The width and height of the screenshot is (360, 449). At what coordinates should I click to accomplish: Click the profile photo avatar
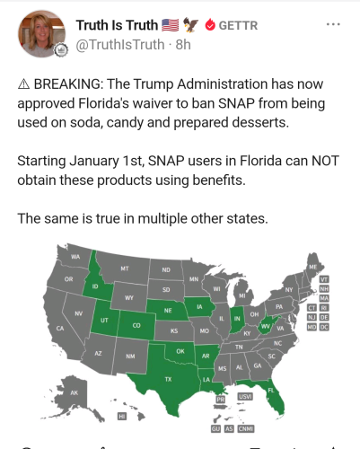pos(41,33)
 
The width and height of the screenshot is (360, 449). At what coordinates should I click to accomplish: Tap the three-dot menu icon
pos(333,24)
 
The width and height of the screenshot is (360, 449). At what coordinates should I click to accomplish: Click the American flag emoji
pos(171,25)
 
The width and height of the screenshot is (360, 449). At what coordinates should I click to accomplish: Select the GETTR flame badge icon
pos(210,25)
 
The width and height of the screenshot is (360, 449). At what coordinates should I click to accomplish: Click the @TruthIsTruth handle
pos(120,45)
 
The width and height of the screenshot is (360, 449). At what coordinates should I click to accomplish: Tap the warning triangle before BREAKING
pos(23,84)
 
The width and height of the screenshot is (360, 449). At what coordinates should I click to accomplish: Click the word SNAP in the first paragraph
pos(236,103)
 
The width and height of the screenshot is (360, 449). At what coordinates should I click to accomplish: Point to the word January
pos(94,162)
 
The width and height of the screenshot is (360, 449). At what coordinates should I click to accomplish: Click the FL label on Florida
pos(271,391)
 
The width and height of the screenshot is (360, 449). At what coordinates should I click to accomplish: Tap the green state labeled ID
pos(95,281)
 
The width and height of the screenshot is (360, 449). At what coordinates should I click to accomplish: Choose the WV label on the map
pos(265,326)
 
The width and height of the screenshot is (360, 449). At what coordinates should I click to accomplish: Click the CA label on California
pos(60,329)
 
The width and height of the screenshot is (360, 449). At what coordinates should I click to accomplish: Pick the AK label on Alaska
pos(74,392)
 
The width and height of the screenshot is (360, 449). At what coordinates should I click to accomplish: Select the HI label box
pos(121,417)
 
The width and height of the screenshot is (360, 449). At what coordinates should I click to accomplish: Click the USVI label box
pos(245,397)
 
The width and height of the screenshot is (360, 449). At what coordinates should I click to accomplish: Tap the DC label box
pos(324,327)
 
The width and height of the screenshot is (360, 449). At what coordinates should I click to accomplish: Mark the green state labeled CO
pos(136,325)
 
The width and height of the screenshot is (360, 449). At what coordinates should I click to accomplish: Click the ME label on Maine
pos(312,267)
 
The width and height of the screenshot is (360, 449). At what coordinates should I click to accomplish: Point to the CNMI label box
pos(246,429)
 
